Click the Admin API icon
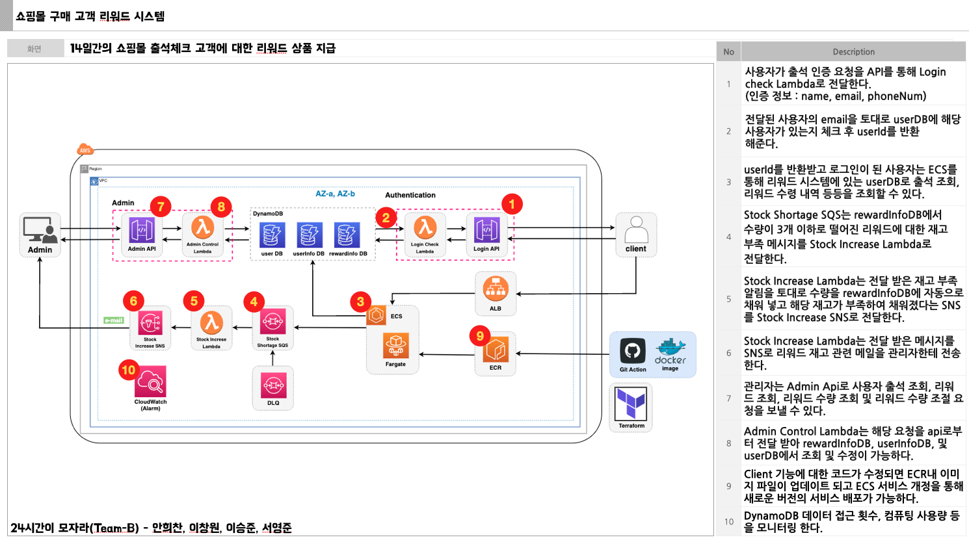[x=142, y=230]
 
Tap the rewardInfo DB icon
[x=347, y=235]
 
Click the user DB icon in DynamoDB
[x=272, y=235]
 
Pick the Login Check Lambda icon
[x=425, y=228]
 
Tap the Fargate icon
[x=395, y=346]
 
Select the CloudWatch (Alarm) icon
[x=151, y=382]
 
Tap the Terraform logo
[x=631, y=404]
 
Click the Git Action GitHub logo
[x=633, y=351]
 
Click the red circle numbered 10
[x=129, y=370]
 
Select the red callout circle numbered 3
[x=360, y=302]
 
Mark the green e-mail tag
[x=114, y=320]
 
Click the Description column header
[x=853, y=52]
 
